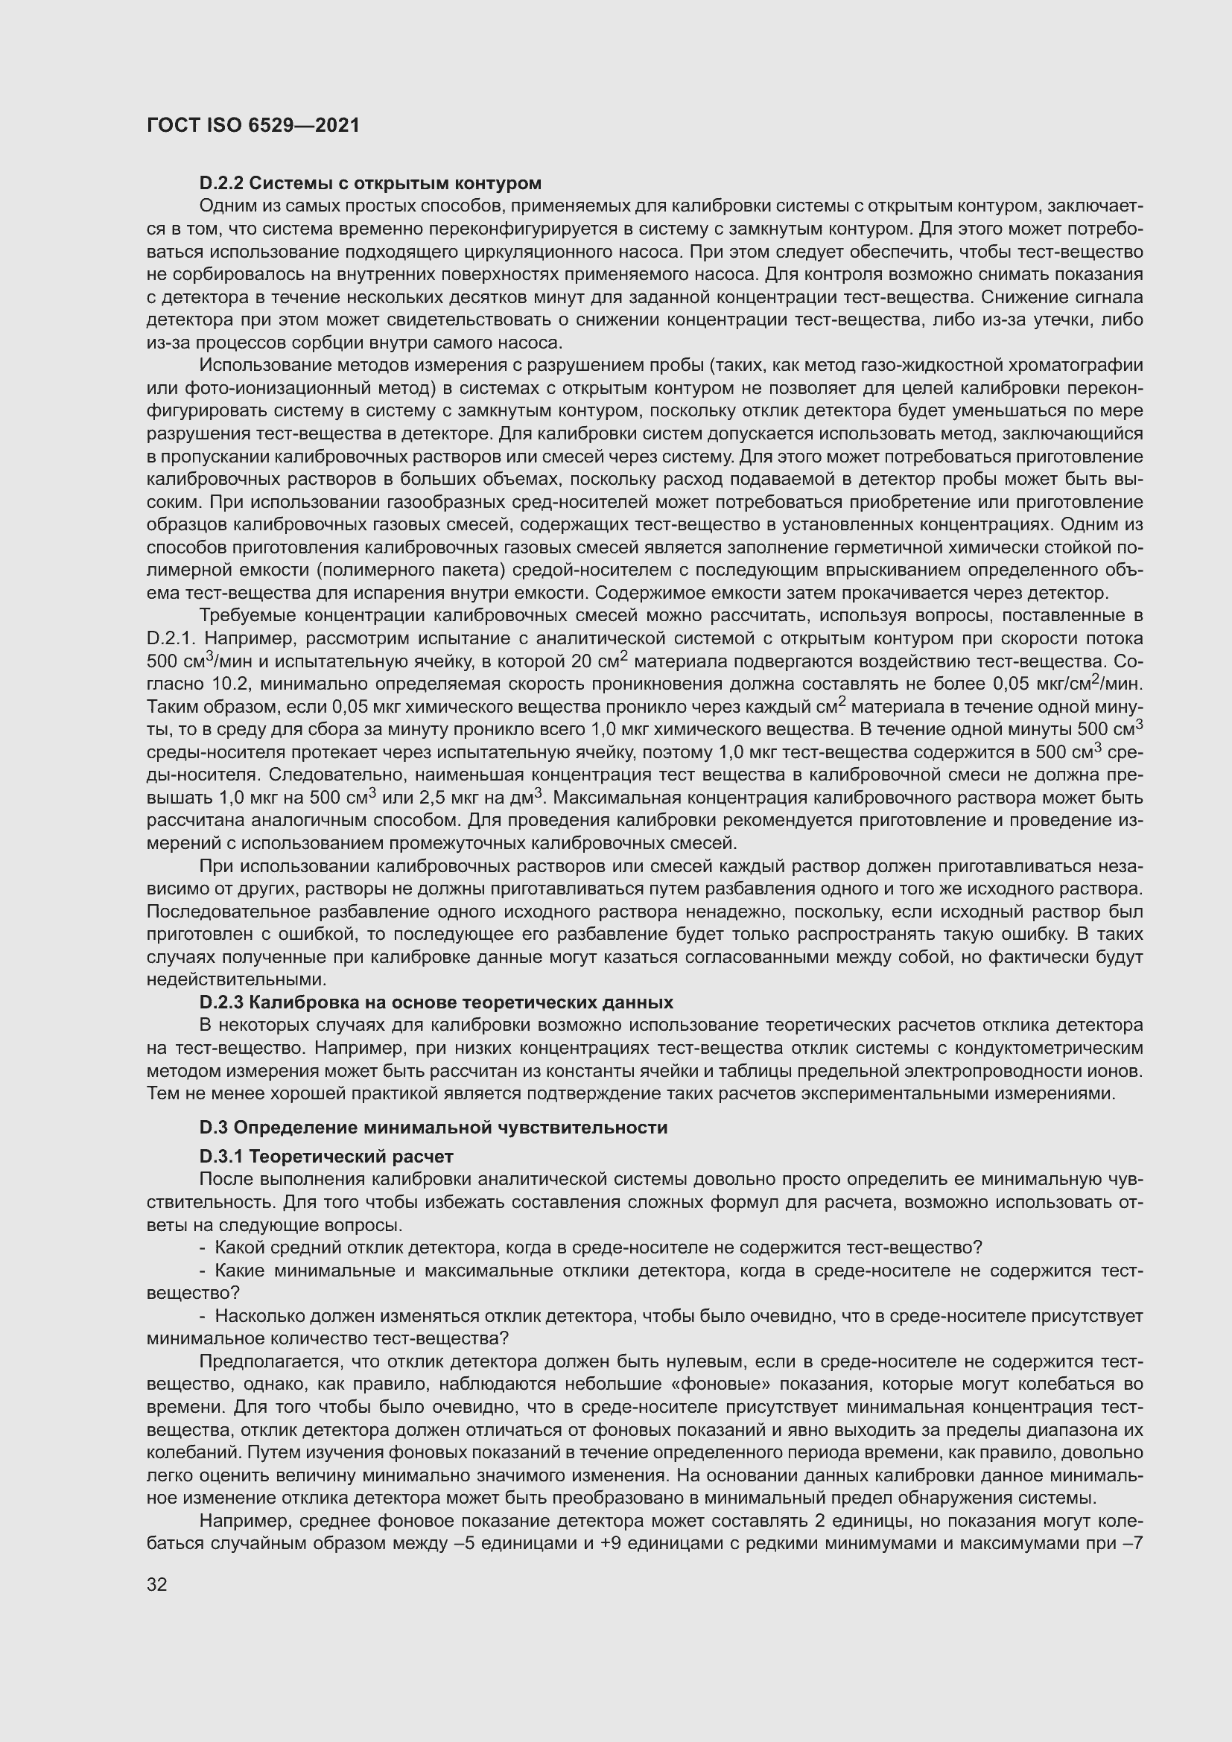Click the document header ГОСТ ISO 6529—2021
click(253, 125)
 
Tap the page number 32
click(157, 1584)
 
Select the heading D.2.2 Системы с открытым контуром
click(370, 183)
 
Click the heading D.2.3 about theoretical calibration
click(436, 1002)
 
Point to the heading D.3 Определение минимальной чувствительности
click(434, 1128)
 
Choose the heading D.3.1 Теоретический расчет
click(326, 1157)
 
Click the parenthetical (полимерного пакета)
click(409, 570)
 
